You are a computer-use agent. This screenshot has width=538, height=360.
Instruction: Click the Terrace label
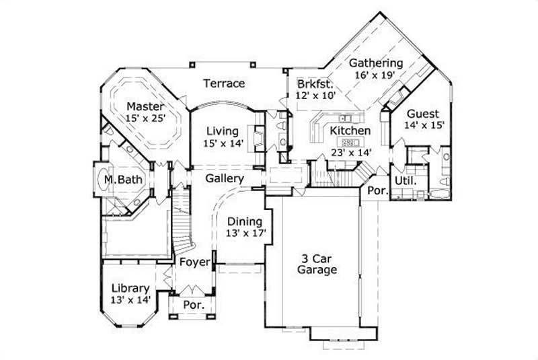click(x=224, y=83)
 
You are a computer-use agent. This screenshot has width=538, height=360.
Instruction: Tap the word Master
click(x=145, y=106)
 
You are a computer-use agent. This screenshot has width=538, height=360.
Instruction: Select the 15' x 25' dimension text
click(x=145, y=118)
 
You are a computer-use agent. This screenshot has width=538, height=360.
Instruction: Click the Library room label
click(x=130, y=288)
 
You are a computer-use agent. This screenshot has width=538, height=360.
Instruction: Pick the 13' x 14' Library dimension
click(x=130, y=299)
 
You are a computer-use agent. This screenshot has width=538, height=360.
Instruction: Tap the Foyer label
click(x=194, y=262)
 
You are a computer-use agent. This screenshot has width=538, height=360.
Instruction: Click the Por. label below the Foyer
click(x=194, y=305)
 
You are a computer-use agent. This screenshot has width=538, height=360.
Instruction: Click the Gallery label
click(x=224, y=179)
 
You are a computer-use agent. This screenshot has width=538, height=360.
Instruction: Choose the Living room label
click(x=222, y=131)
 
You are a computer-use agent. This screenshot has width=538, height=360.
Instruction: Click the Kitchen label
click(x=350, y=131)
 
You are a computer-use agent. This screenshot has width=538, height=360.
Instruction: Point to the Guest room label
click(x=422, y=114)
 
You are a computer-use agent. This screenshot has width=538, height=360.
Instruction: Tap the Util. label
click(x=405, y=182)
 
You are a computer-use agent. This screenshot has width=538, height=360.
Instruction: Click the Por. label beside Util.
click(x=377, y=191)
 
